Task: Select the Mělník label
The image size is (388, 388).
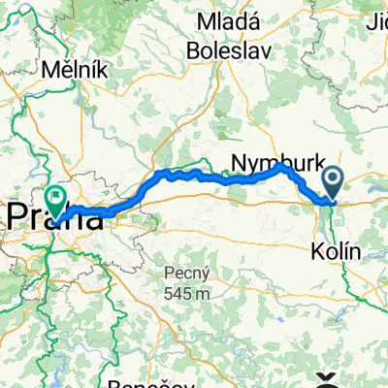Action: [69, 71]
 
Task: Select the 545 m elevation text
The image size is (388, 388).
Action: [182, 292]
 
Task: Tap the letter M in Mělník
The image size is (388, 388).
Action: [48, 71]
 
